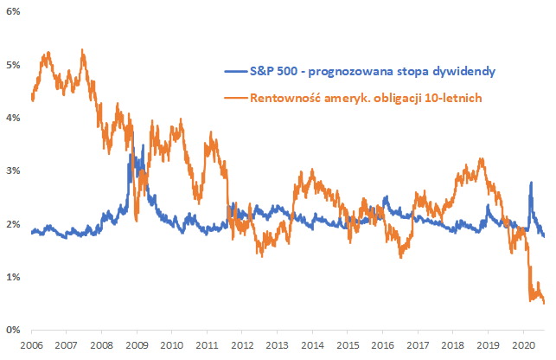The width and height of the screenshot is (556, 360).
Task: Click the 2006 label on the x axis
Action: [31, 344]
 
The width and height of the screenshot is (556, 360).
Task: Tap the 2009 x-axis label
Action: [137, 344]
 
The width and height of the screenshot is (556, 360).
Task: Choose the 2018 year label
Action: [452, 344]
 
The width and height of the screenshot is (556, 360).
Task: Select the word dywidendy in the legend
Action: [466, 70]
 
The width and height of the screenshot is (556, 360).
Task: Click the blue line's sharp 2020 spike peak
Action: [530, 183]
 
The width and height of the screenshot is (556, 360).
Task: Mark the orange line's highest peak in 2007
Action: [82, 50]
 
